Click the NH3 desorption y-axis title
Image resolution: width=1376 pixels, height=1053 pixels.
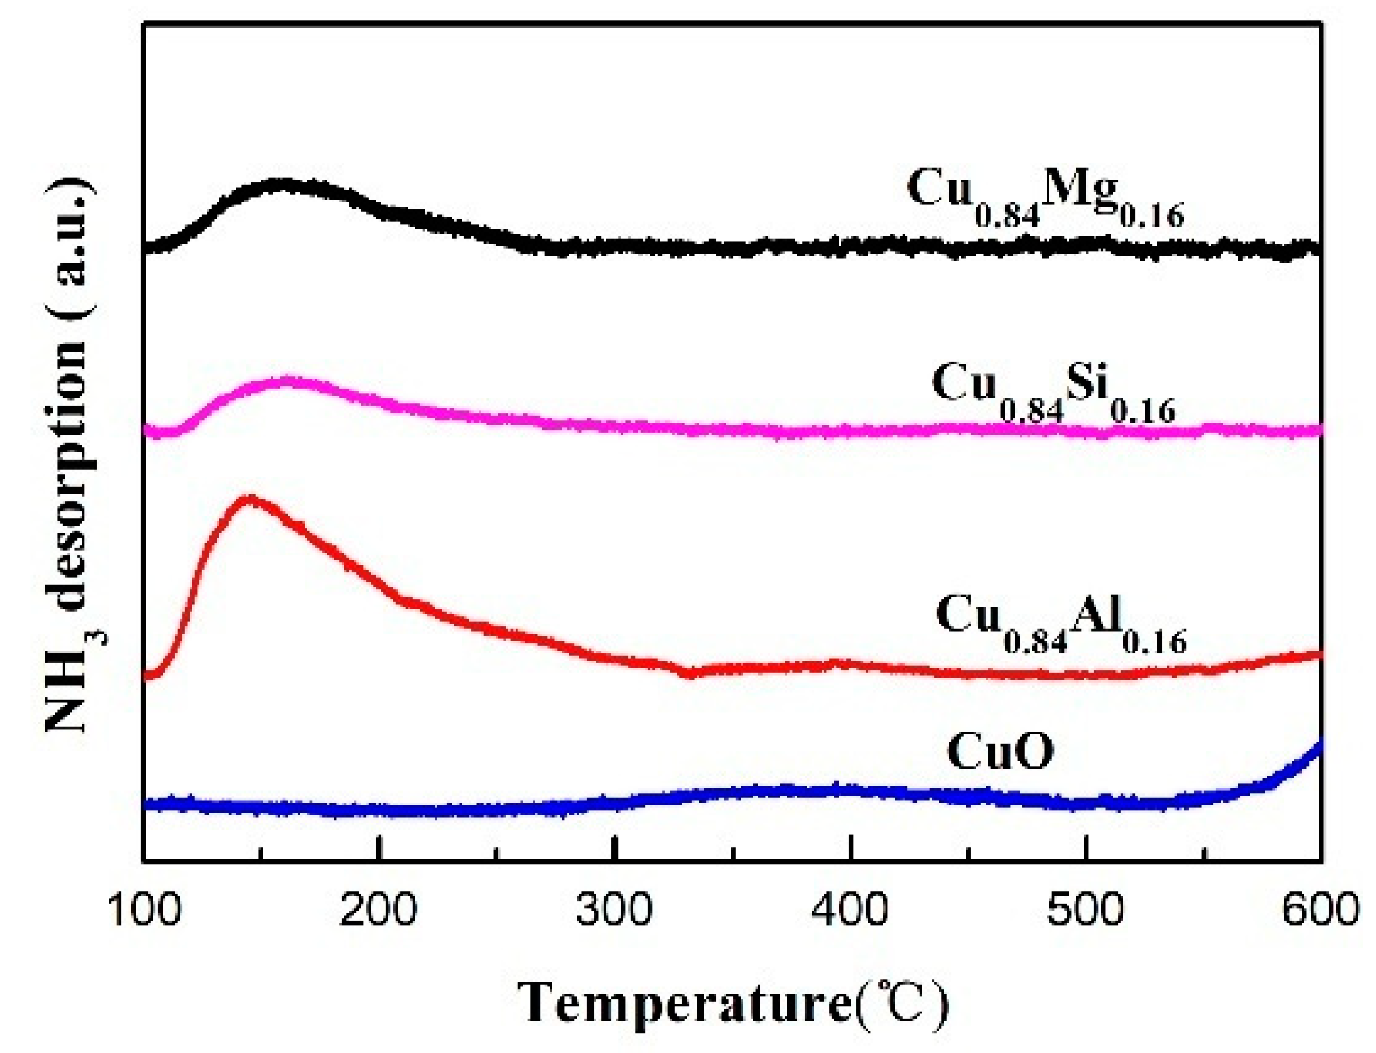[x=69, y=454]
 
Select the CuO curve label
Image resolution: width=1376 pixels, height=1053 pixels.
[x=1000, y=751]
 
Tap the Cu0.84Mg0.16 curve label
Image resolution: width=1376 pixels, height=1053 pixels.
[x=1045, y=196]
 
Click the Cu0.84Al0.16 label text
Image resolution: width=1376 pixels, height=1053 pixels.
[x=1061, y=623]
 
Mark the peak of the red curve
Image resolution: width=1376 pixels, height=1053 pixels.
[x=250, y=499]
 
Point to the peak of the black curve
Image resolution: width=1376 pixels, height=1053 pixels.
[x=283, y=185]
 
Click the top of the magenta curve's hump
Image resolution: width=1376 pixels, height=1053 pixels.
[x=288, y=381]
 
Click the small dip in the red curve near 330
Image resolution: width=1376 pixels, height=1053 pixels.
[x=689, y=673]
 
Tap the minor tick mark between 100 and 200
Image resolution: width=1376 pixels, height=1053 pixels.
[x=261, y=854]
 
